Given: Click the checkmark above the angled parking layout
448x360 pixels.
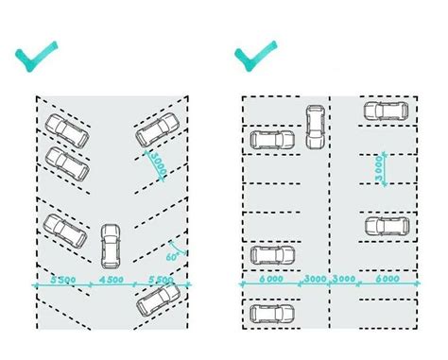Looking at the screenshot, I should (x=38, y=58).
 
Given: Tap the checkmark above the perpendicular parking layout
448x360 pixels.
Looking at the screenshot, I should (x=257, y=58).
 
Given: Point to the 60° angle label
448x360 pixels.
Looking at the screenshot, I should (x=173, y=256).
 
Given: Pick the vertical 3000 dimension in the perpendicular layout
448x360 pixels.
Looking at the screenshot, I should (x=377, y=171).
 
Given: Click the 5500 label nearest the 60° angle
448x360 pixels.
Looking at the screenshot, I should (x=162, y=281).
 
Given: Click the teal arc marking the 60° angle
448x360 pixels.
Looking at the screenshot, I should (x=179, y=248).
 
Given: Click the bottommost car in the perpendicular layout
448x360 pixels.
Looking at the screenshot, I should (x=271, y=314).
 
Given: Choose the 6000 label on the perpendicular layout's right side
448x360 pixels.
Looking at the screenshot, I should (x=386, y=281).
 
